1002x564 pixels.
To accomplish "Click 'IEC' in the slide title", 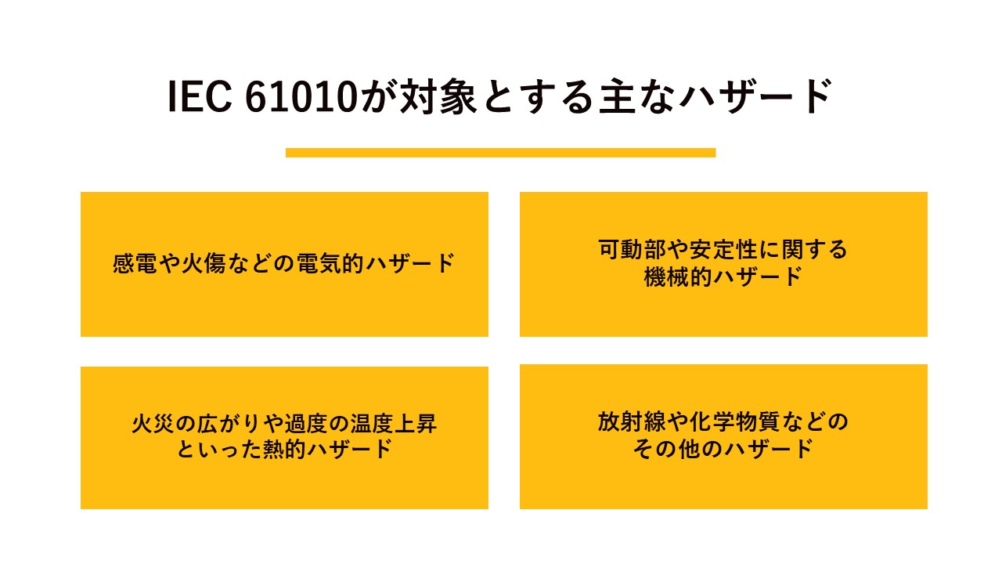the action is (x=200, y=96).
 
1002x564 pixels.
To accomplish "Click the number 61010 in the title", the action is (x=301, y=96).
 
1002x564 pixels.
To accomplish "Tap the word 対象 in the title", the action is (x=438, y=96).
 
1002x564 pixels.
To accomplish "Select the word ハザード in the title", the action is (x=756, y=96).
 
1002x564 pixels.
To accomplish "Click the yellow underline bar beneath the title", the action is (x=500, y=153).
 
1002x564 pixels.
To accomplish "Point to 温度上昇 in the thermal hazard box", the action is (x=393, y=424).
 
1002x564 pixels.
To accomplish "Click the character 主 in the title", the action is (x=618, y=96).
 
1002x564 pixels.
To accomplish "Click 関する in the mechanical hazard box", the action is (x=815, y=249).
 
